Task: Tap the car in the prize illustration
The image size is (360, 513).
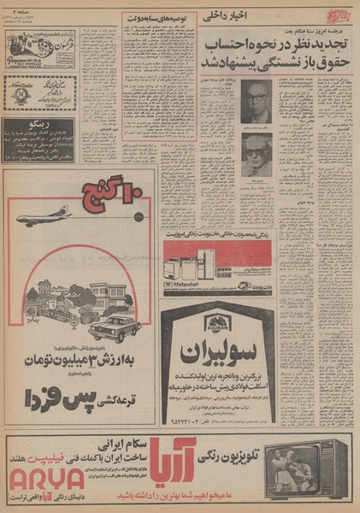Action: coord(114,330)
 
